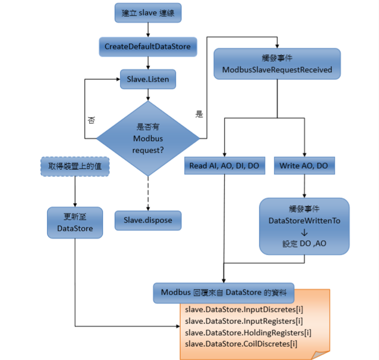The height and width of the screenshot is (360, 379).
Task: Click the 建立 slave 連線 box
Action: tap(147, 13)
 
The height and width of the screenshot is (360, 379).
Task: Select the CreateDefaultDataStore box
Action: tap(147, 46)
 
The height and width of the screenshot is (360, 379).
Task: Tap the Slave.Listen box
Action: tap(147, 79)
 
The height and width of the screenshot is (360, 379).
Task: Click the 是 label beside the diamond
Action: tap(199, 114)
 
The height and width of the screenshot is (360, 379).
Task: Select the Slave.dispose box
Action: tap(147, 220)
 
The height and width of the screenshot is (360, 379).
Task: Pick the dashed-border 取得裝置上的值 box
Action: tap(74, 165)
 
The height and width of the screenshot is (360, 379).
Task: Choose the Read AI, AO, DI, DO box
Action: tap(224, 165)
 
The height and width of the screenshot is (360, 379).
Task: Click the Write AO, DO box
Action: tap(304, 165)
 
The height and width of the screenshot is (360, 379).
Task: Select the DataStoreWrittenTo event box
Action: tap(304, 226)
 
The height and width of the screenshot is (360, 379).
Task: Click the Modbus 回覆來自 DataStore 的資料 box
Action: tap(224, 292)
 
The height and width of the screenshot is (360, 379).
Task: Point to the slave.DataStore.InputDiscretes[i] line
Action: tap(244, 309)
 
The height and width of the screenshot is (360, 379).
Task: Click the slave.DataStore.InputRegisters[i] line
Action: tap(244, 321)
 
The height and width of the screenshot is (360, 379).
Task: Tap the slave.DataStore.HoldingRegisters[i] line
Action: tap(248, 332)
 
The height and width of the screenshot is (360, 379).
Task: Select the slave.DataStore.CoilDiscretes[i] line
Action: tap(241, 344)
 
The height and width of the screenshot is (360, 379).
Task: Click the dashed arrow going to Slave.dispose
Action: tap(148, 192)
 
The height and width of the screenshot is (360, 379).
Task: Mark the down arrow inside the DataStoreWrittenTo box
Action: tap(304, 232)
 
